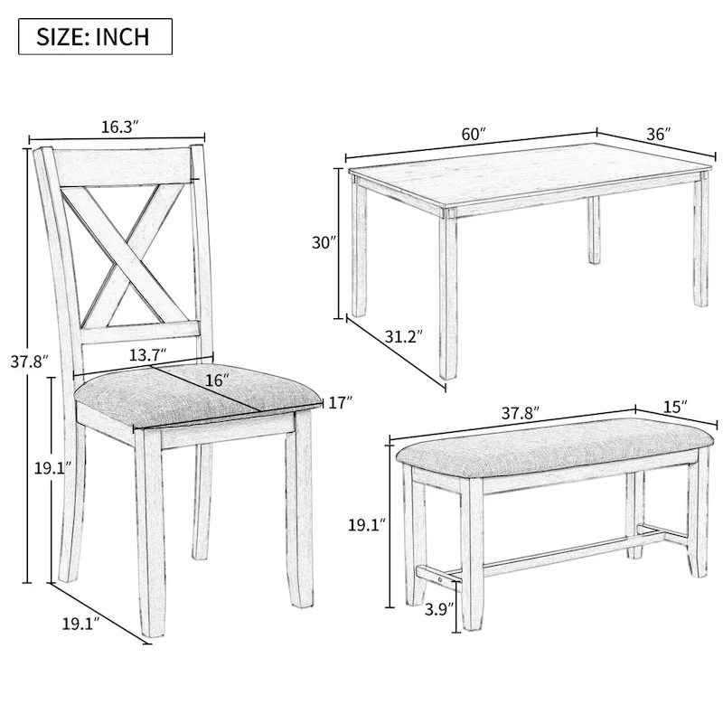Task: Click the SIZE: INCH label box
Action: click(94, 37)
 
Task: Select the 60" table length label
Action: click(474, 133)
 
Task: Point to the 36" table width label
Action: click(658, 134)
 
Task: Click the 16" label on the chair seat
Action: click(217, 380)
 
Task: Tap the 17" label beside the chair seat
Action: click(339, 403)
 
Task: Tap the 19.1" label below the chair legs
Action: click(80, 624)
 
